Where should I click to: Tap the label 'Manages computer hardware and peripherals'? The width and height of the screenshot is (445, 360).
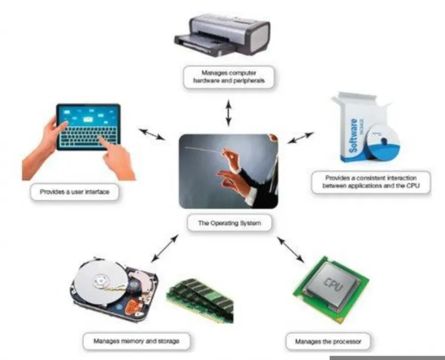coord(229,77)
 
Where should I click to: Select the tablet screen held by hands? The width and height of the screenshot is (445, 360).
coord(88,127)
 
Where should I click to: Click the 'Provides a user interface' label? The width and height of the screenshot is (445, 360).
coord(75,192)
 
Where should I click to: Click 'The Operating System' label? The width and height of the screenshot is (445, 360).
coord(229,223)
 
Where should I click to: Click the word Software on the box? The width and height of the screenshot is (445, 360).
coord(354,136)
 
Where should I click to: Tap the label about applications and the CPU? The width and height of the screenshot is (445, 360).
coord(371,182)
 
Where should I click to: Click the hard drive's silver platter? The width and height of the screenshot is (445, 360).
coord(100,281)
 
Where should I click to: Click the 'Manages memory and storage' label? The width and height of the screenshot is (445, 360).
coord(136,341)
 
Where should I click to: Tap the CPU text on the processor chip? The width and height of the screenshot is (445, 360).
coord(334,284)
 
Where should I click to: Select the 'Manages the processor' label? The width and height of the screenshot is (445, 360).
coord(328,341)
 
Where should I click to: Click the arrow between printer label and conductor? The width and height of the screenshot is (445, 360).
coord(229,113)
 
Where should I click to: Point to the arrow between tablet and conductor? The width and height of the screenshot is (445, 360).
coord(152,134)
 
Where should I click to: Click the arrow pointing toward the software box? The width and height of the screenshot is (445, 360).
coord(300,137)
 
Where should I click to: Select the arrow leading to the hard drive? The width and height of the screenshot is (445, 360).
coord(165,248)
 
